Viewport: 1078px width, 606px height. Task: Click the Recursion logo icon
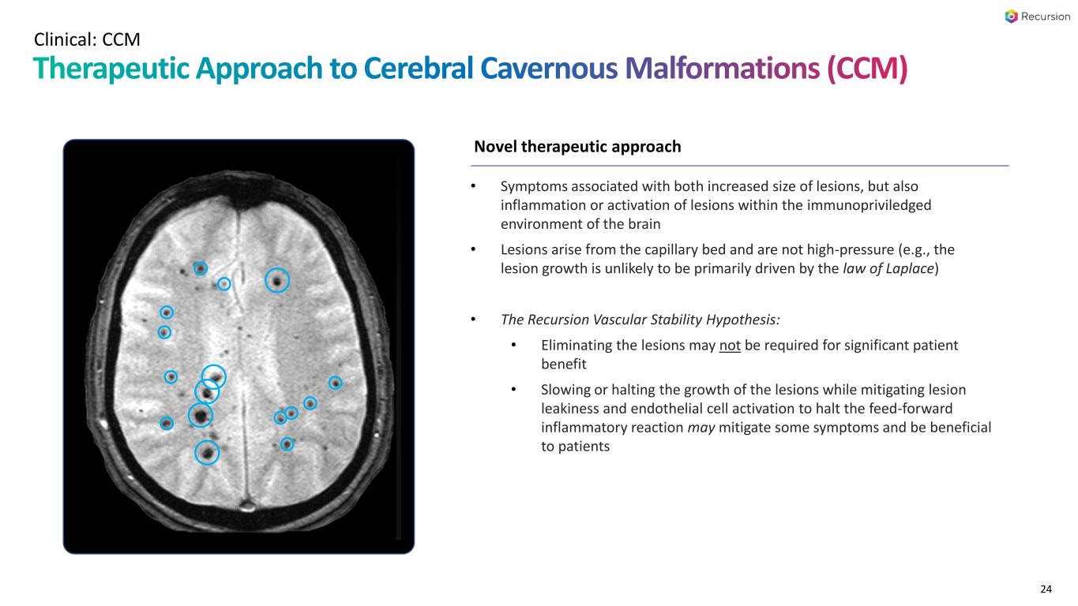[x=1012, y=17]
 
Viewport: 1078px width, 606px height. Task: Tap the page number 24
[x=1046, y=589]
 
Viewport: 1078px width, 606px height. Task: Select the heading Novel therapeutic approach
[x=577, y=147]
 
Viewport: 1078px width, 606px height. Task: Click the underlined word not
[x=730, y=346]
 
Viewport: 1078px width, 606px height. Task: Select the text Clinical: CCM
[x=87, y=38]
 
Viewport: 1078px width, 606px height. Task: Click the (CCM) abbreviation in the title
[x=868, y=69]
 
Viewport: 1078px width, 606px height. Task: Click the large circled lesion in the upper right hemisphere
[x=276, y=280]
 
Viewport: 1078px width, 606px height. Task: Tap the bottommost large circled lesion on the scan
[x=207, y=452]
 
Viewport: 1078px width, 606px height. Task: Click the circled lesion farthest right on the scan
[x=336, y=383]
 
